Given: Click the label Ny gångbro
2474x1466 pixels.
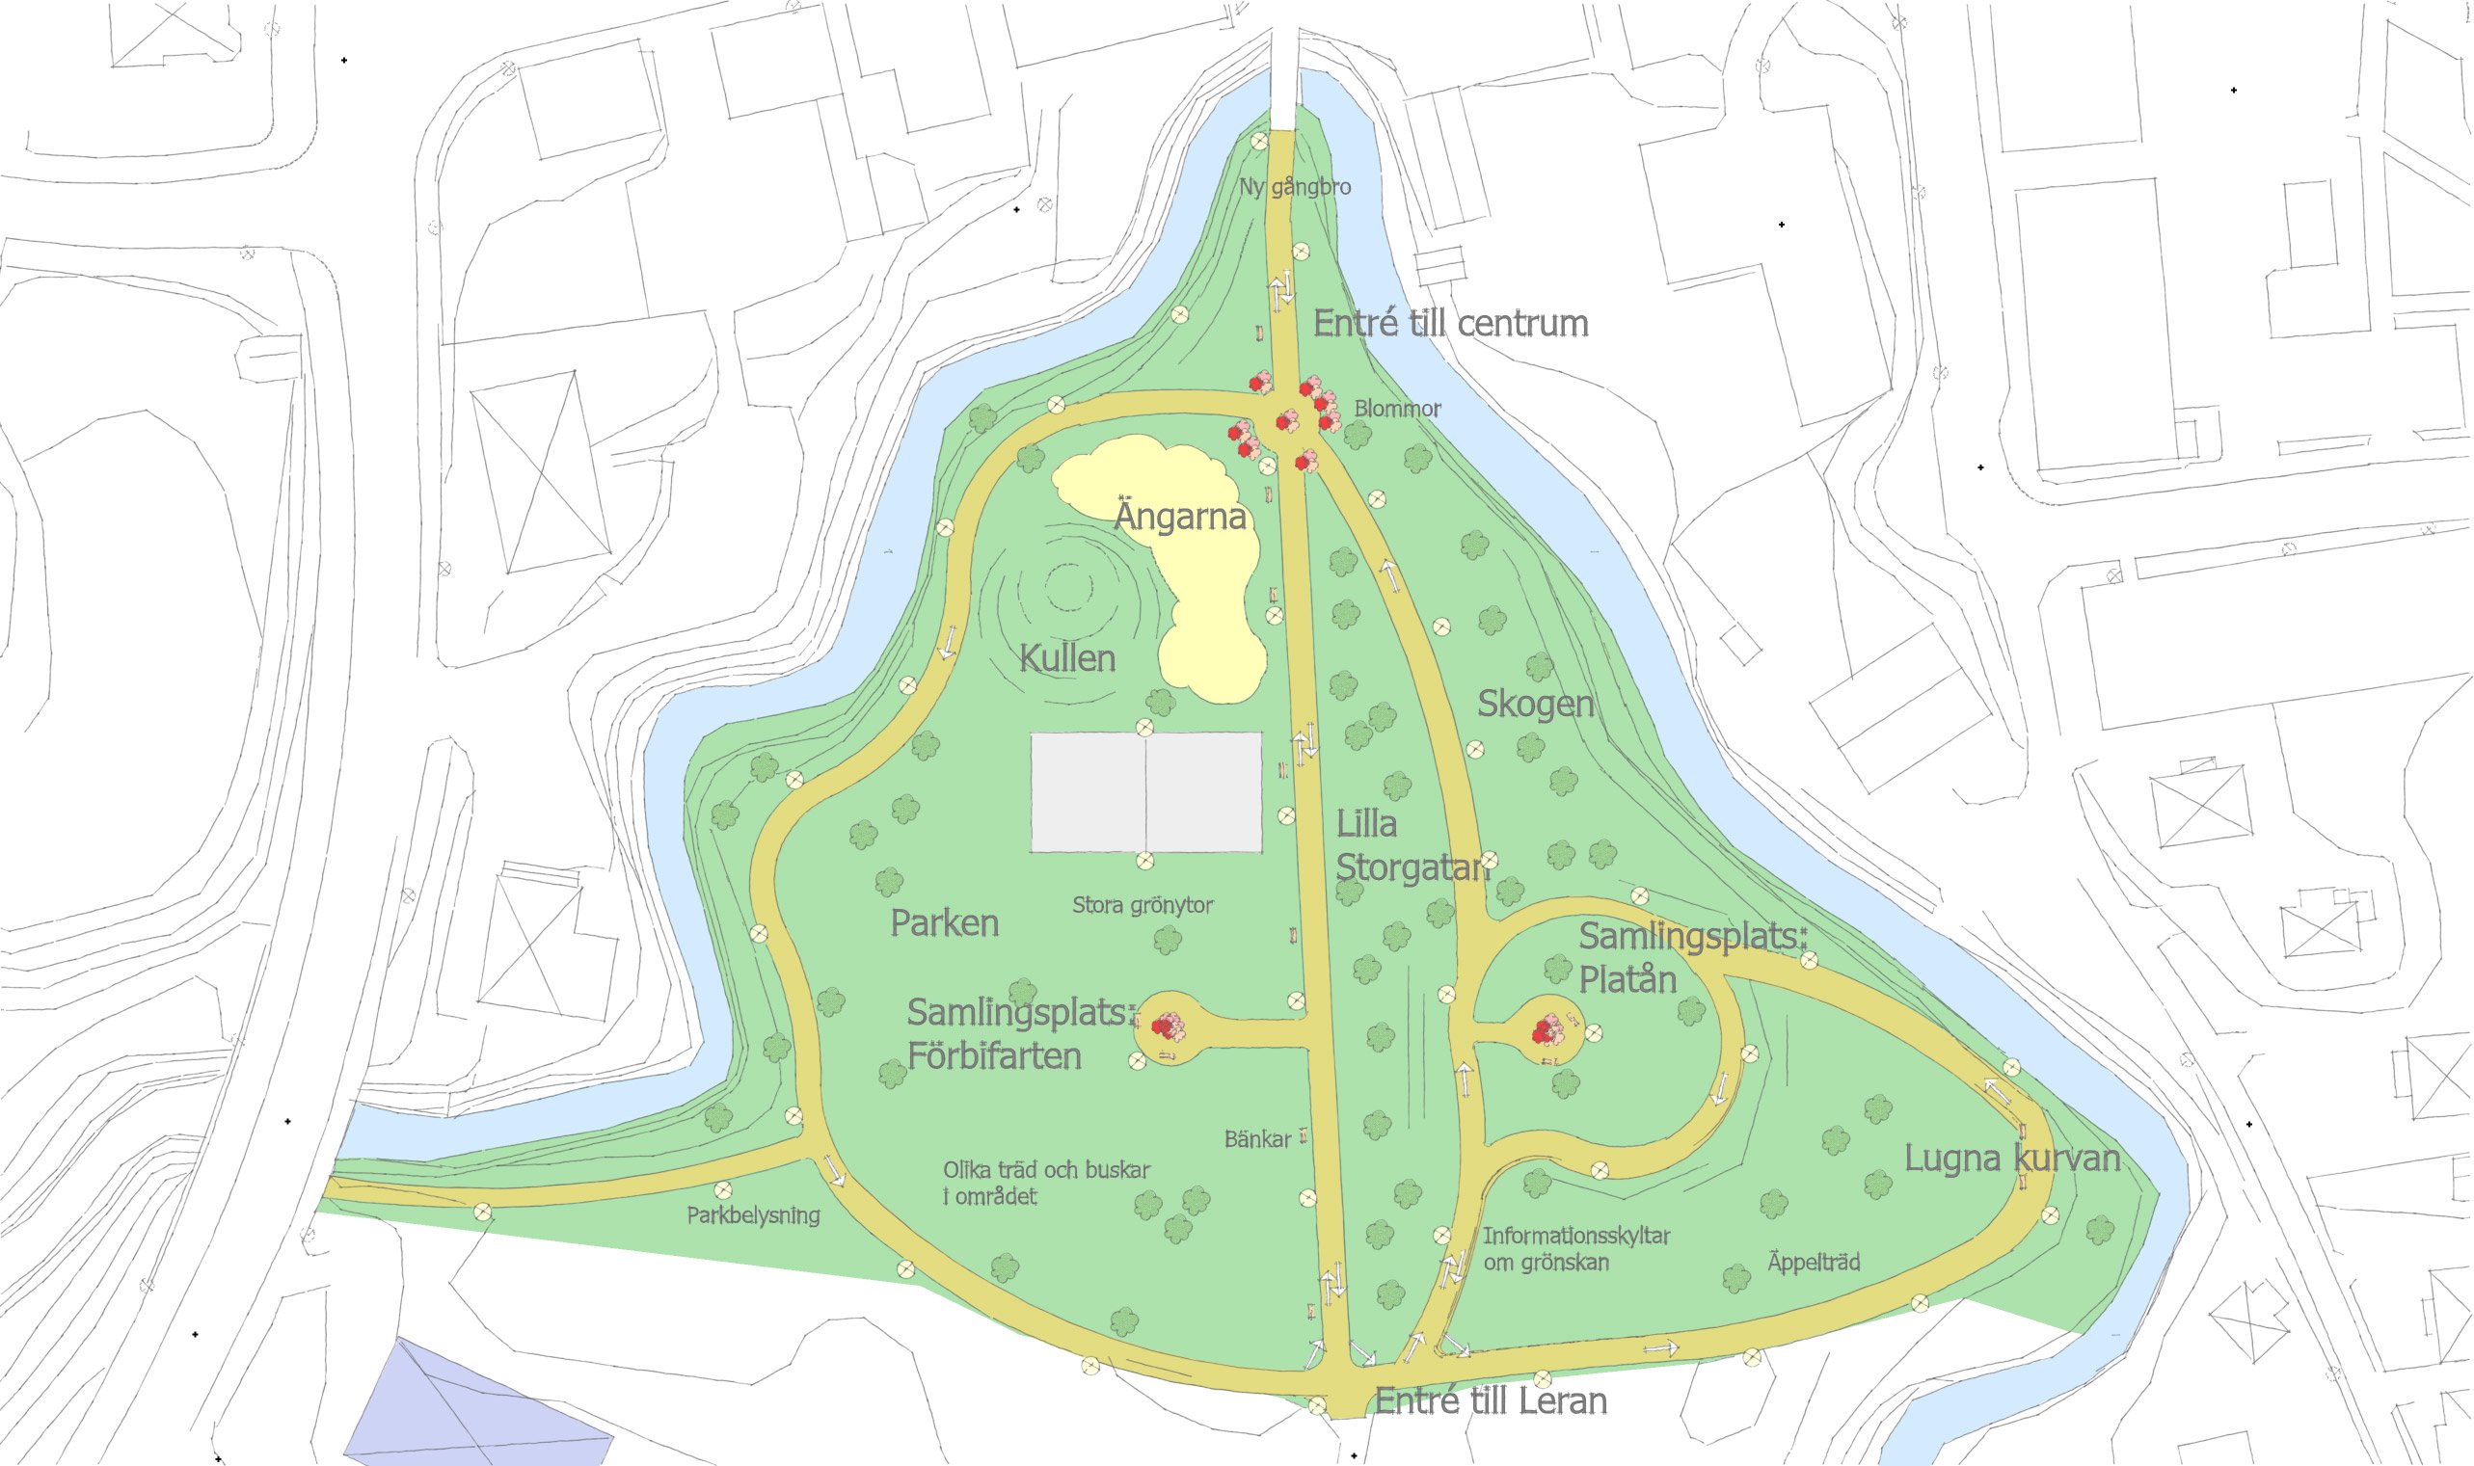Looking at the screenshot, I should coord(1294,187).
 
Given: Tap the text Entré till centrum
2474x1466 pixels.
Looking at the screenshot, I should coord(1449,323).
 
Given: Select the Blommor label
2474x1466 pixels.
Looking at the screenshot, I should coord(1396,408).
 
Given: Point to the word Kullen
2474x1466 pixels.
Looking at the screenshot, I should coord(1067,658).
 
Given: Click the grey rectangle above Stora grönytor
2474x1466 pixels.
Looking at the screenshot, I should coord(1146,791).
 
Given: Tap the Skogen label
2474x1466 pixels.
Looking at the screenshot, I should coord(1534,704).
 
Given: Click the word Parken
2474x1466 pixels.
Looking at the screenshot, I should coord(945,922).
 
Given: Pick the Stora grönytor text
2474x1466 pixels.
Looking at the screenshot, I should coord(1143,904).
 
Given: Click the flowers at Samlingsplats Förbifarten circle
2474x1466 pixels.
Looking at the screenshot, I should coord(1168,1026).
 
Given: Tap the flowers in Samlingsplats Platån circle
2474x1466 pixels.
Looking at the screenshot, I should coord(1546,1030).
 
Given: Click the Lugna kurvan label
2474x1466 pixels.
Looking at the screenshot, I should coord(2011,1158).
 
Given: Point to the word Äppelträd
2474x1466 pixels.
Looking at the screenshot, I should coord(1813,1262).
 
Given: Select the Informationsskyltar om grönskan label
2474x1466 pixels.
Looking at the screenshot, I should coord(1574,1249).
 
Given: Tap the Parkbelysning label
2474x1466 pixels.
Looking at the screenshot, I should coord(753,1215).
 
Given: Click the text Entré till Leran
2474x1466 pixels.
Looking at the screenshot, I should coord(1490,1399).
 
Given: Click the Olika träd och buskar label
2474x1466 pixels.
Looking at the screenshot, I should coord(1045,1183).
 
